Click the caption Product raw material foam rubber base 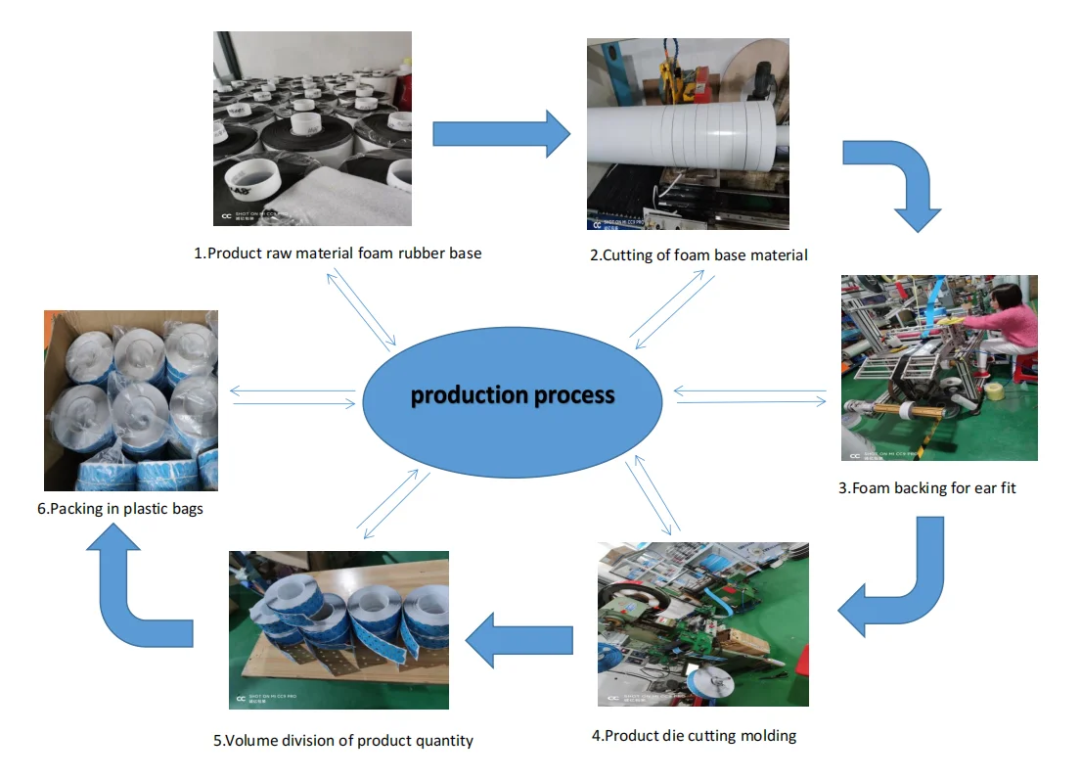tap(338, 252)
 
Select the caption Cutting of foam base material tap(698, 255)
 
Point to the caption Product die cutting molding tap(694, 735)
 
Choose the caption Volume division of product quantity tap(343, 740)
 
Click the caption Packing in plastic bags tap(119, 508)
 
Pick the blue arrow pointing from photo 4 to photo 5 tap(518, 642)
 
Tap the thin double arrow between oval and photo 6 tap(293, 396)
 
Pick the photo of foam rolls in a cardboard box tap(131, 400)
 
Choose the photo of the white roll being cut tap(688, 134)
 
